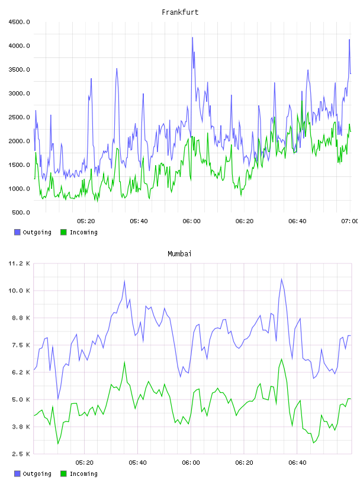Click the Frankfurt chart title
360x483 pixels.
click(180, 12)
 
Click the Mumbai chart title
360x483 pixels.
click(179, 254)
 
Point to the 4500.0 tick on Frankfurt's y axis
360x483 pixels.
click(19, 22)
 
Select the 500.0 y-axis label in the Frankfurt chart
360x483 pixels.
click(21, 212)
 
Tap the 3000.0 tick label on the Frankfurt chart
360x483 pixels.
click(19, 94)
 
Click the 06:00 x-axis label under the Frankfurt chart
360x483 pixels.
click(191, 221)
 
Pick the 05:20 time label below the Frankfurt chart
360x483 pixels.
click(86, 221)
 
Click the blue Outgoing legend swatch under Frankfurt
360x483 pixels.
click(17, 232)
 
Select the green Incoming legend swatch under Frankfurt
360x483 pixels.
click(63, 232)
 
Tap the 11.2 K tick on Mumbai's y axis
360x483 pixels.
click(19, 263)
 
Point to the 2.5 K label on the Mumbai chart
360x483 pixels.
click(21, 454)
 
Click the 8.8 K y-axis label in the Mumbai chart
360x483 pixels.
click(21, 318)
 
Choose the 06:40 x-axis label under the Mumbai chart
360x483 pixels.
click(297, 463)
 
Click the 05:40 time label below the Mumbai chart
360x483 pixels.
click(138, 463)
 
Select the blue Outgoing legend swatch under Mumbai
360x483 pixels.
click(17, 474)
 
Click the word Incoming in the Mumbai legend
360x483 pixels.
click(83, 474)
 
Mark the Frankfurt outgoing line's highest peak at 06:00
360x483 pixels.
click(192, 37)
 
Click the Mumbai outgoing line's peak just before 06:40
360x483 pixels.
click(281, 279)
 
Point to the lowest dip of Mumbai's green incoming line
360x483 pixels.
click(58, 444)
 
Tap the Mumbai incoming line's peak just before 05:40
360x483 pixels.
click(124, 362)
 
